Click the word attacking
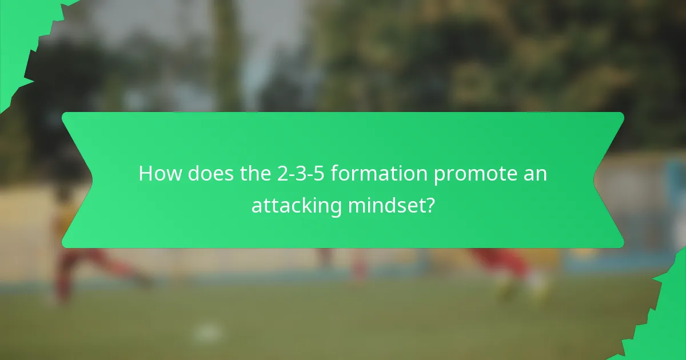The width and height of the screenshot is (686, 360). [297, 205]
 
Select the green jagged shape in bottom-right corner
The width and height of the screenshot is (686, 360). [666, 320]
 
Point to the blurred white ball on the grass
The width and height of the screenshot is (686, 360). [206, 332]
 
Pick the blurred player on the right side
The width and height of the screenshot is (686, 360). [509, 269]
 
